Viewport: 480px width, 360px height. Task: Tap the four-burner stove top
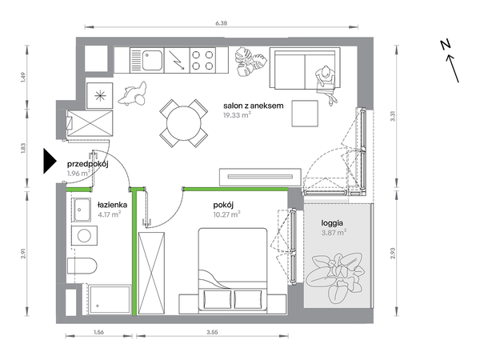[x=202, y=60]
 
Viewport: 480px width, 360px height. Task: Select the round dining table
[x=184, y=123]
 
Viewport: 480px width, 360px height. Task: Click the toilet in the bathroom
[x=82, y=266]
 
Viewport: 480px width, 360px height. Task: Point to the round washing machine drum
[x=84, y=236]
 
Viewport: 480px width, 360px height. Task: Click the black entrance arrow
[x=50, y=161]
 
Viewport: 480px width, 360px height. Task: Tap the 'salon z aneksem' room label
[x=253, y=106]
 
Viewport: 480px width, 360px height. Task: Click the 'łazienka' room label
[x=112, y=205]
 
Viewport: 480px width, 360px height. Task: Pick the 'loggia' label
[x=332, y=223]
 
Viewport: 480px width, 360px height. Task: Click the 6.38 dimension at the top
[x=222, y=23]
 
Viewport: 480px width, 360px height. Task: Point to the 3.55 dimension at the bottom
[x=212, y=332]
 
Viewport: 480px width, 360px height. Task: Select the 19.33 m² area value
[x=238, y=115]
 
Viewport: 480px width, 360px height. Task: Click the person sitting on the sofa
[x=326, y=83]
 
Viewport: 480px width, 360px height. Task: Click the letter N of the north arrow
[x=446, y=45]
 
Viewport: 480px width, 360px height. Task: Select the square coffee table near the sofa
[x=305, y=114]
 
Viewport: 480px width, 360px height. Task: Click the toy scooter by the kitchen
[x=133, y=93]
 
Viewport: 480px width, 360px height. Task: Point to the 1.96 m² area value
[x=78, y=174]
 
